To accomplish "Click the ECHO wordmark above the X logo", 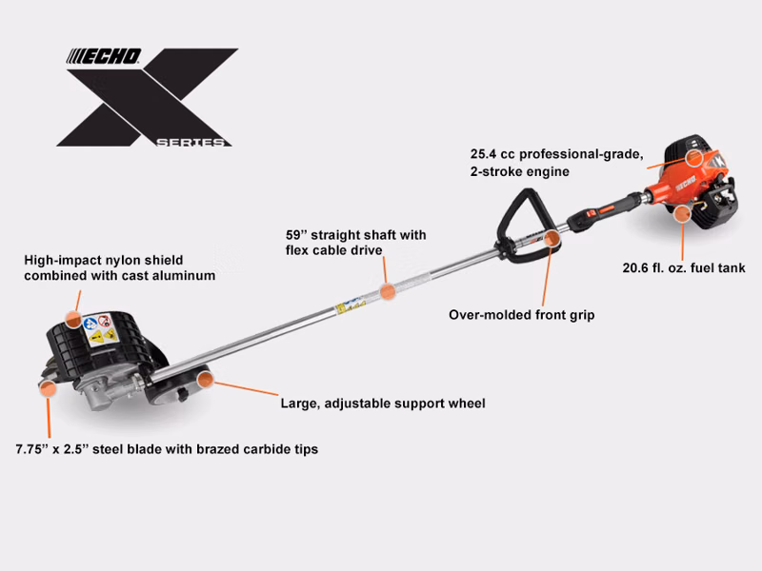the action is (104, 56).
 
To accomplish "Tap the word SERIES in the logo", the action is (190, 142).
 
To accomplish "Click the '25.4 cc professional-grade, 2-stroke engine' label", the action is (557, 163).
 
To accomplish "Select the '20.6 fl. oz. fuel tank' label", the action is (684, 268).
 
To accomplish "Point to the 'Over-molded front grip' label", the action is (521, 315).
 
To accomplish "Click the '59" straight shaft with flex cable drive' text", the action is (355, 243).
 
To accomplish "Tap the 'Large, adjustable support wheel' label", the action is (383, 404).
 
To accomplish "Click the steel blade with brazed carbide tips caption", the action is (167, 449).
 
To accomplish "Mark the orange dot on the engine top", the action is (694, 158).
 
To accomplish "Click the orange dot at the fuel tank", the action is (683, 213).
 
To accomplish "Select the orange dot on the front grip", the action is (552, 239).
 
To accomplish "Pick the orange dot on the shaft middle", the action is (388, 291).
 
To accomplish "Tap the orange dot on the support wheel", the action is (206, 379).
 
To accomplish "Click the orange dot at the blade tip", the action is (48, 388).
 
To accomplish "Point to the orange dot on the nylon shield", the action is (73, 320).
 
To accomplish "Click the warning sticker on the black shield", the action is (101, 329).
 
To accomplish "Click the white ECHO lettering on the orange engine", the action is (686, 184).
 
